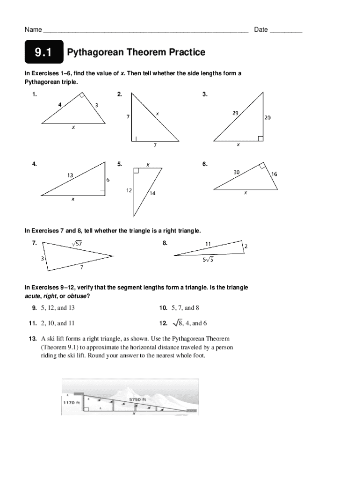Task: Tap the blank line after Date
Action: coord(286,30)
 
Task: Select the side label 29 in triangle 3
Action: coord(236,113)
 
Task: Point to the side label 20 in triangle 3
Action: coord(267,118)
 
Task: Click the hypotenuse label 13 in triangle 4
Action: coord(69,175)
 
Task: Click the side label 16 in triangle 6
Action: coord(274,174)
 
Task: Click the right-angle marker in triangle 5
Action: coord(136,170)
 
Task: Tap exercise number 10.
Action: coord(163,308)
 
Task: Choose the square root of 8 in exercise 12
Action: coord(177,323)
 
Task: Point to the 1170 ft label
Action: coord(71,402)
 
